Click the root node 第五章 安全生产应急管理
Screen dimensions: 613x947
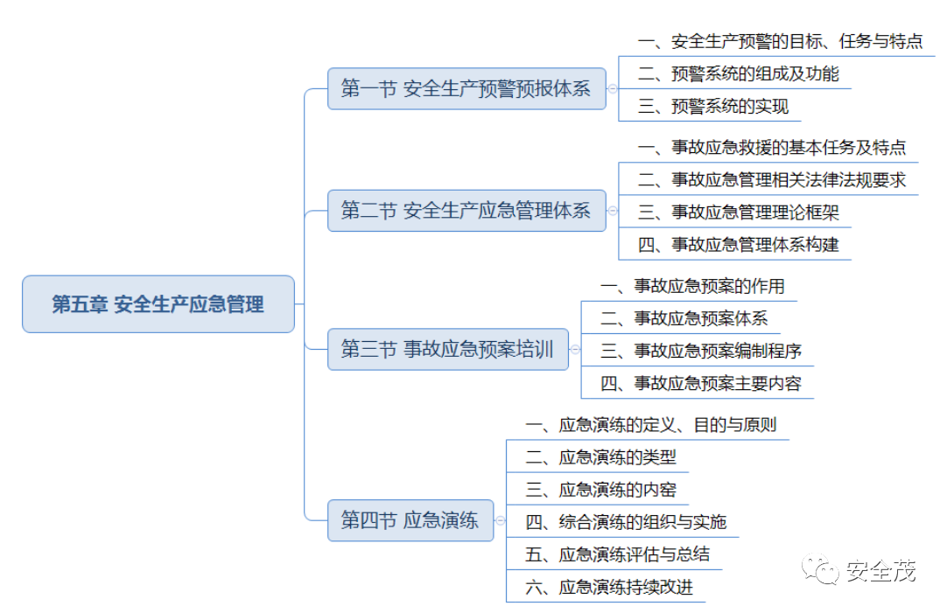(x=158, y=304)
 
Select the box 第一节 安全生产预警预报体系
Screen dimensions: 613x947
(x=466, y=88)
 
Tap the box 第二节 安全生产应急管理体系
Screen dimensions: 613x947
(x=466, y=211)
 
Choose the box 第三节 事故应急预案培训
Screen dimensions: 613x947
(x=447, y=350)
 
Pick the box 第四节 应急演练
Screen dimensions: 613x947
(x=410, y=520)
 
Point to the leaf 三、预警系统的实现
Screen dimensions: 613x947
(x=713, y=107)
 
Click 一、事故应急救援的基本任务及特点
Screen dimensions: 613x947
(x=771, y=147)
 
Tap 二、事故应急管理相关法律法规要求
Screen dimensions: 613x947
(x=771, y=180)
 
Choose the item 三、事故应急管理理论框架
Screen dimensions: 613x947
(x=739, y=212)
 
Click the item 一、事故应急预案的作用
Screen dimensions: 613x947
(x=692, y=286)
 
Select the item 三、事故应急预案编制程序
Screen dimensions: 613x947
(x=700, y=352)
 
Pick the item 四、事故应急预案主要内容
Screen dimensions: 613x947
(x=700, y=383)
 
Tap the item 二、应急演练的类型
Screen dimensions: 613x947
(x=600, y=457)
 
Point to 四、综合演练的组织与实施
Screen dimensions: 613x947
(x=626, y=523)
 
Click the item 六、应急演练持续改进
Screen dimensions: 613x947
(x=609, y=587)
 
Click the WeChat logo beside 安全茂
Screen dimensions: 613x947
(x=823, y=571)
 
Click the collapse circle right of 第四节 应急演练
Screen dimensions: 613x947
(x=500, y=521)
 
